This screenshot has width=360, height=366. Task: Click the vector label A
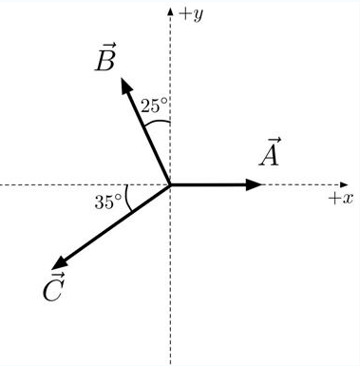pos(270,154)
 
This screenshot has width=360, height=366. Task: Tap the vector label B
pos(105,61)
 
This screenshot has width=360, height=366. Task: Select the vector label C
pos(54,288)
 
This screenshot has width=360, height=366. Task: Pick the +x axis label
pos(339,198)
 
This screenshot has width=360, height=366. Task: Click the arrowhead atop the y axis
pos(170,11)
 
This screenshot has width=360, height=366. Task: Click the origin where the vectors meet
pos(170,184)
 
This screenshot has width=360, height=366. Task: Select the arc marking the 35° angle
pos(127,198)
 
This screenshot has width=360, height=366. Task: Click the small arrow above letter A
pos(271,140)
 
